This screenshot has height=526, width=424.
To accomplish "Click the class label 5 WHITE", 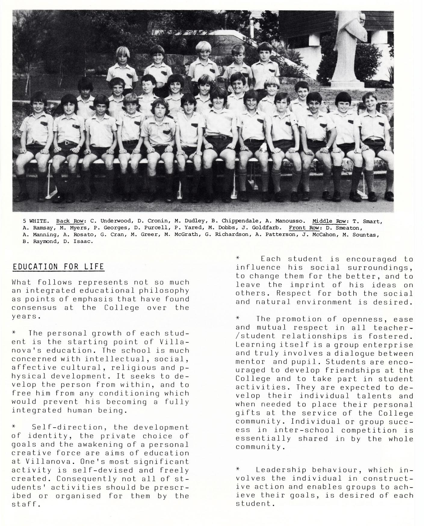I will click(36, 222).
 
